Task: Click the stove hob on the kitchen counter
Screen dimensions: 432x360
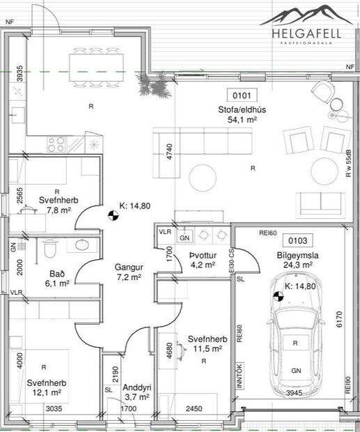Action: pos(56,144)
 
